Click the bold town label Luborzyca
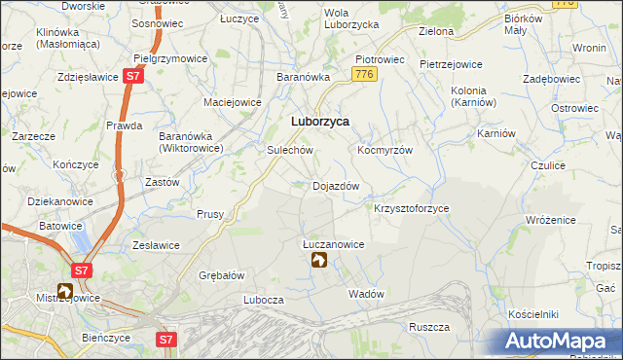320,122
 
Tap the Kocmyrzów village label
385,151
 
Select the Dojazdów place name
336,185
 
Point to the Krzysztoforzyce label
411,208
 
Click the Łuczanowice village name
333,245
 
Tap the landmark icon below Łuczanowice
318,261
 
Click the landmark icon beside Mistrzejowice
65,290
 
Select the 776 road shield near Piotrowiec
365,74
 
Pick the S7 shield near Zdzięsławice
133,76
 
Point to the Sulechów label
289,151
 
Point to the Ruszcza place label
427,327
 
